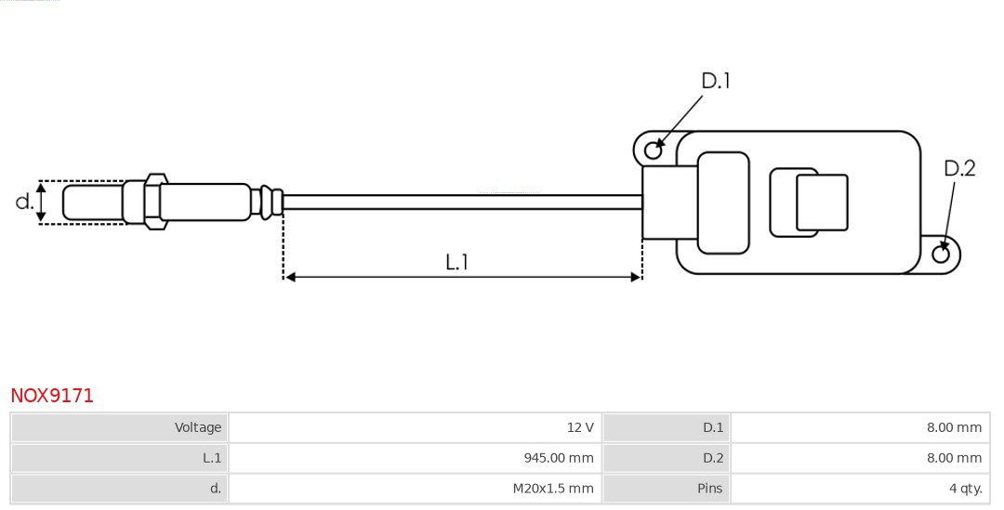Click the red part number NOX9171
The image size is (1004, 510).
(x=52, y=396)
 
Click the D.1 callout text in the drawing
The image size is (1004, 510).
(x=715, y=81)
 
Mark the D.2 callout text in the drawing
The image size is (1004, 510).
(x=959, y=168)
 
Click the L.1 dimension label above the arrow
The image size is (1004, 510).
(x=456, y=262)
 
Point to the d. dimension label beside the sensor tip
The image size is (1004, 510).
(x=24, y=202)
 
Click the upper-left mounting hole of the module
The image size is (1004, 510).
(x=654, y=149)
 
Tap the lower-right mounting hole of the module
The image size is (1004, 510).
(x=941, y=255)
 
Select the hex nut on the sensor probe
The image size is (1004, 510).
(x=154, y=200)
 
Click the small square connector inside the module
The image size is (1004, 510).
(x=821, y=202)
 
